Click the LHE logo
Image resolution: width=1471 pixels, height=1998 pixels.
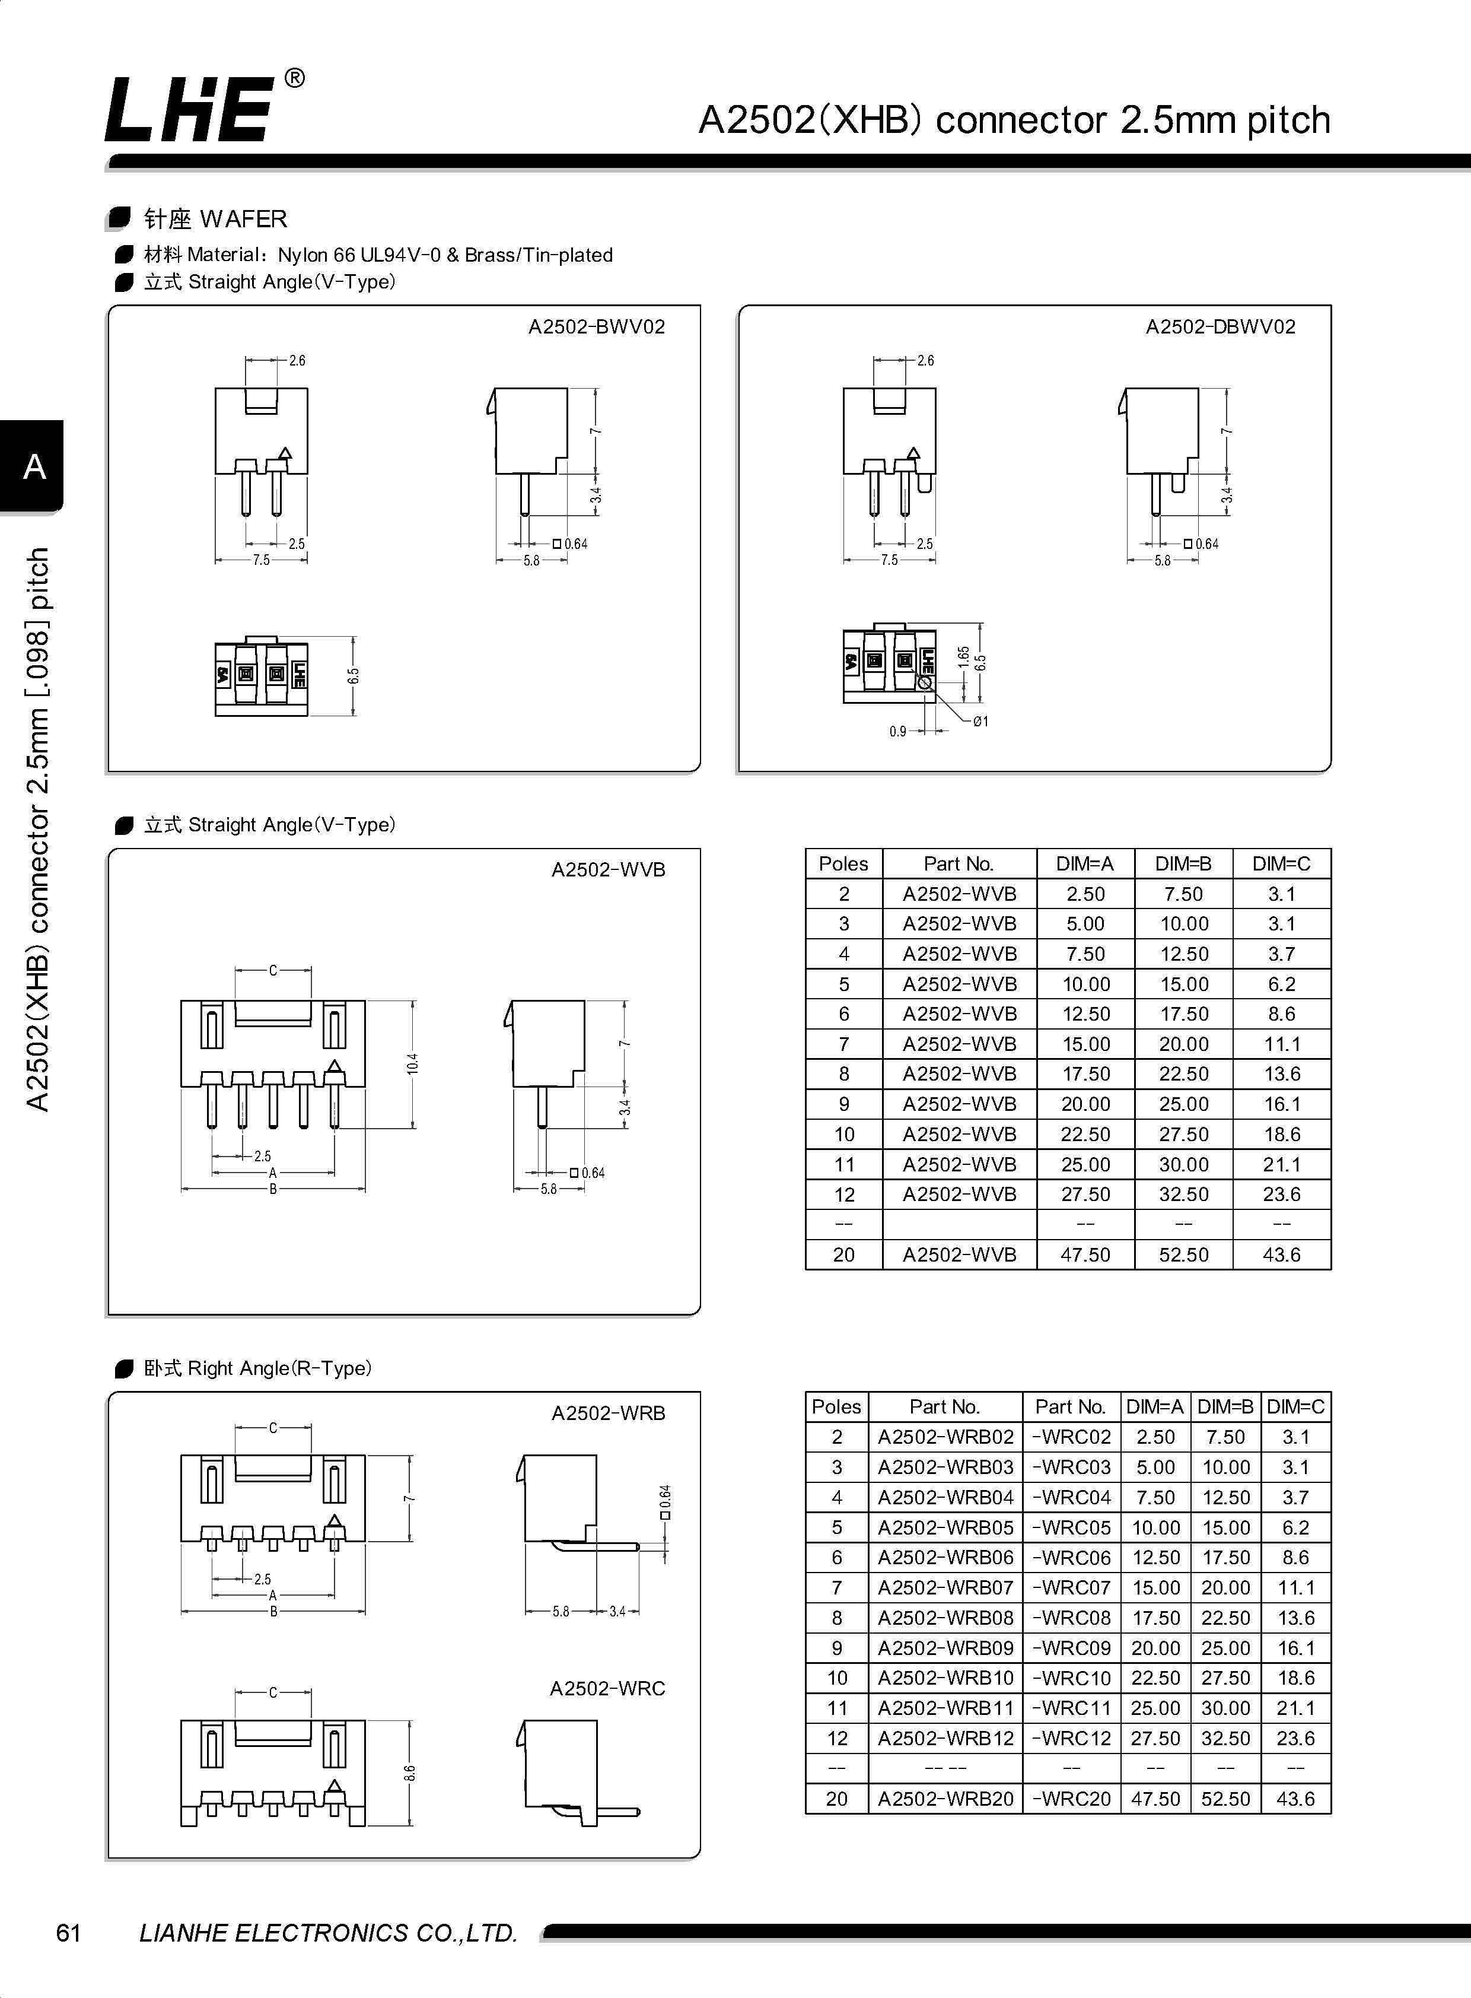click(189, 109)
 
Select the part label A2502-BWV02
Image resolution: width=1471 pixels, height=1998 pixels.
click(597, 327)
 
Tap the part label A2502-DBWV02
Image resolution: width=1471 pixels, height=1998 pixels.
click(1220, 327)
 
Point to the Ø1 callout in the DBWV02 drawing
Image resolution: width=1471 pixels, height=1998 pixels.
click(980, 722)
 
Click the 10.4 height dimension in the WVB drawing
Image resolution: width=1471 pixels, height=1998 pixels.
click(412, 1063)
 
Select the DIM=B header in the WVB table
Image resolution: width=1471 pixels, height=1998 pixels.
click(1183, 863)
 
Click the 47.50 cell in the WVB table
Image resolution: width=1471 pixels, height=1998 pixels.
click(1085, 1254)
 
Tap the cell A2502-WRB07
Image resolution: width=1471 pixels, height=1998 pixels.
click(945, 1587)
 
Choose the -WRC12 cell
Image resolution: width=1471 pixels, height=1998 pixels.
click(1071, 1738)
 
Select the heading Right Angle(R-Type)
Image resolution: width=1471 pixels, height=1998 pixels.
click(279, 1368)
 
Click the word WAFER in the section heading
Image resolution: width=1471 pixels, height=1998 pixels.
click(243, 219)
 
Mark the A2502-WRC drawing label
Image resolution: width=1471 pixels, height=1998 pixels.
click(607, 1688)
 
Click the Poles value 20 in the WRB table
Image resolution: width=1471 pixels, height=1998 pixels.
click(836, 1799)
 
